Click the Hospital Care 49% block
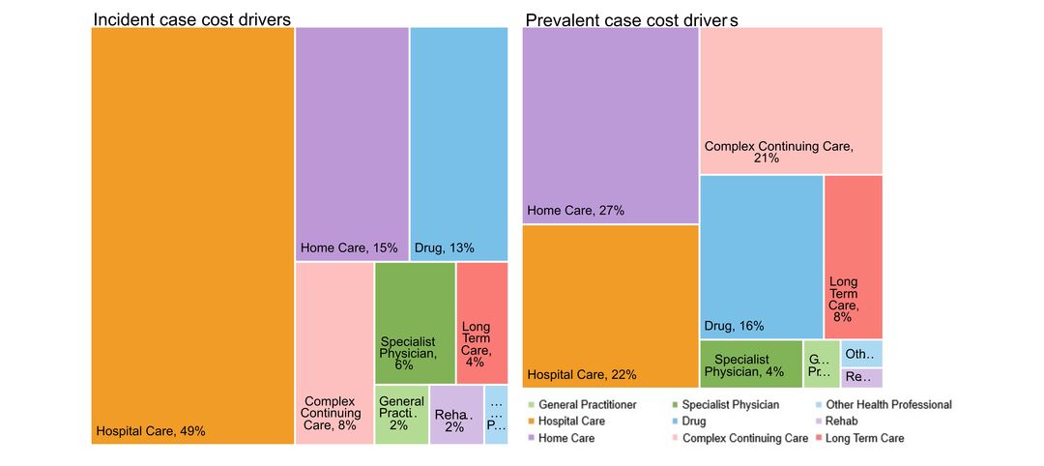click(x=192, y=236)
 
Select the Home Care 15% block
click(x=352, y=144)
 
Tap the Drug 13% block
click(x=458, y=144)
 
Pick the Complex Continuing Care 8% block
click(x=334, y=353)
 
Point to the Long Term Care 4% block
click(x=481, y=323)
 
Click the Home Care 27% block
click(x=610, y=126)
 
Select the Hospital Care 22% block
click(x=610, y=306)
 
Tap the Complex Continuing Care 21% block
click(x=791, y=101)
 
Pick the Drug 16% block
click(x=761, y=257)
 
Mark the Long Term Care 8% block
click(x=854, y=257)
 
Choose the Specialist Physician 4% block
click(x=751, y=364)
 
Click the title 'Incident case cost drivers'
click(x=191, y=19)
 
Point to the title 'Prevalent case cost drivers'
click(x=632, y=19)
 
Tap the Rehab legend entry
click(x=842, y=422)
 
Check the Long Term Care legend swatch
click(x=821, y=438)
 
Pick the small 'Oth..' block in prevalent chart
click(x=861, y=354)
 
